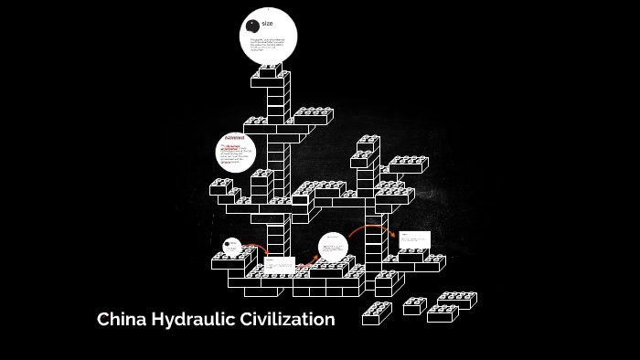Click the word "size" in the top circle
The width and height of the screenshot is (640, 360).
(267, 23)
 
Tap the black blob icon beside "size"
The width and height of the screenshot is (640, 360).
(252, 25)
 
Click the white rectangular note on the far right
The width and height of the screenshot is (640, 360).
(414, 240)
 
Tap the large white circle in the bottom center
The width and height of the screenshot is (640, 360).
(333, 249)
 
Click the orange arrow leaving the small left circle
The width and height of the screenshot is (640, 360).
(255, 249)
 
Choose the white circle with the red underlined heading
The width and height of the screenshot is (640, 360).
(235, 153)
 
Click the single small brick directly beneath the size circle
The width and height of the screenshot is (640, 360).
(272, 79)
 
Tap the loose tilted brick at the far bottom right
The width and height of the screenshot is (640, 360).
(456, 300)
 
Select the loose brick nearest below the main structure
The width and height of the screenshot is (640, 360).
(378, 313)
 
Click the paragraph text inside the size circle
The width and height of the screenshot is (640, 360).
(267, 43)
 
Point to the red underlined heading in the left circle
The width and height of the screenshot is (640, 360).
(235, 138)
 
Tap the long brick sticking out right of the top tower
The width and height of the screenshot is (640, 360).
(313, 116)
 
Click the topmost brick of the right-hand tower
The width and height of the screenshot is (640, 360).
(368, 143)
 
